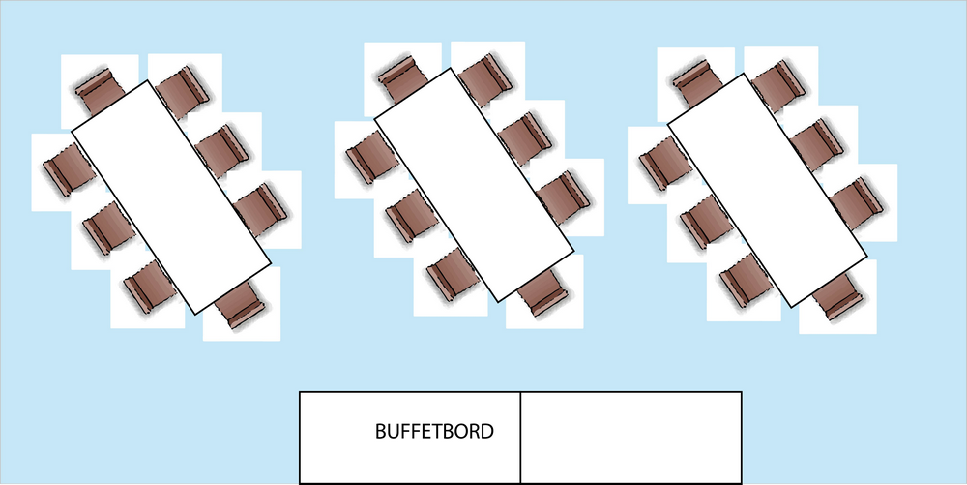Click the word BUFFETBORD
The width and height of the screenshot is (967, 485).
(x=434, y=431)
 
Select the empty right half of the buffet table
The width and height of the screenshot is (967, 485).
(x=630, y=437)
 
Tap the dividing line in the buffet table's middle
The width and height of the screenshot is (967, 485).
(x=521, y=437)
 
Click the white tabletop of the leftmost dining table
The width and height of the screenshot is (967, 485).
(x=172, y=197)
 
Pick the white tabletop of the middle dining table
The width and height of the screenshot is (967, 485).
(x=471, y=184)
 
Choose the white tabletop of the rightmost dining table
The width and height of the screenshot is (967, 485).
(x=768, y=188)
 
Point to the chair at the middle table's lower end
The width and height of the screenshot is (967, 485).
(x=542, y=291)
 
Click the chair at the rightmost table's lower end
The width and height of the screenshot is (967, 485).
(x=835, y=296)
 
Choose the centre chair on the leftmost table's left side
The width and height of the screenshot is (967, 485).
(x=105, y=227)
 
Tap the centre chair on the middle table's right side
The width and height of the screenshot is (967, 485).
(x=522, y=136)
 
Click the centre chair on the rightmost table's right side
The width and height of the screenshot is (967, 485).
(x=818, y=141)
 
